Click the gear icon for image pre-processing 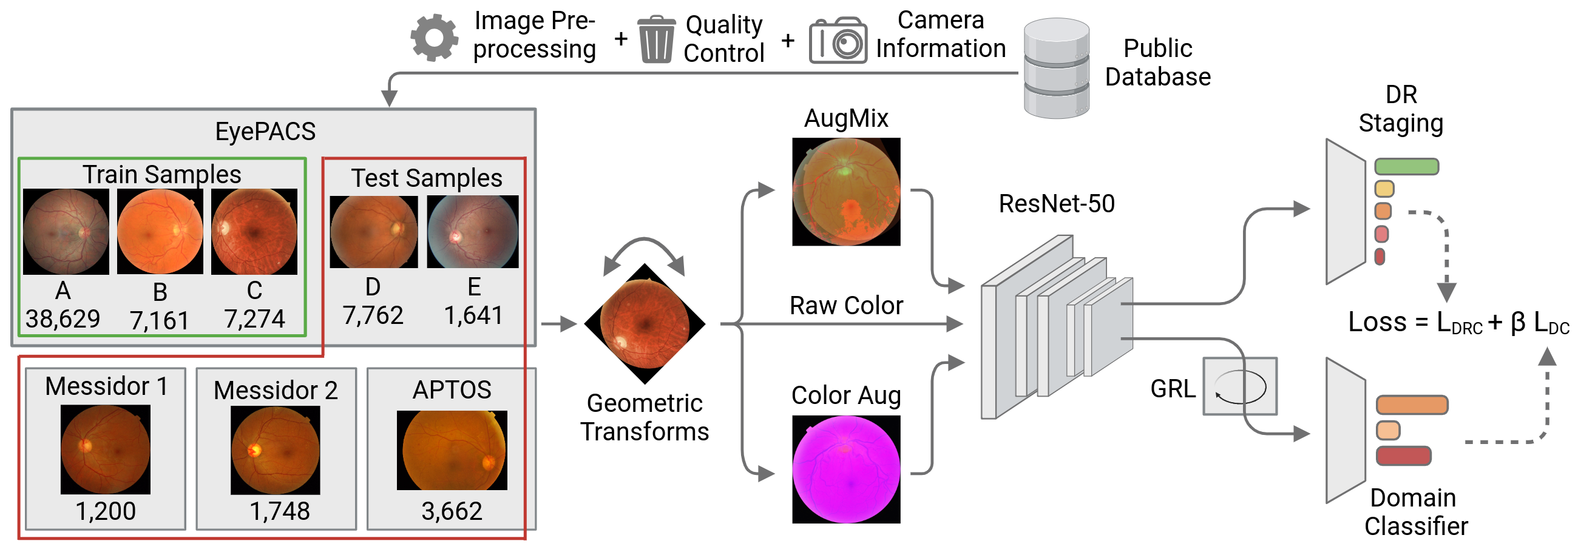[434, 38]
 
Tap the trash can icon [656, 40]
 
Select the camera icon [838, 42]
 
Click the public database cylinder [1056, 69]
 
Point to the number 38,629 [63, 319]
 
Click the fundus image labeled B [160, 231]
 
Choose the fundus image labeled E [472, 231]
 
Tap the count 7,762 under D [373, 316]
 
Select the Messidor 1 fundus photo [106, 449]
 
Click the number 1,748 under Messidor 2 [279, 511]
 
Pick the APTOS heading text [452, 390]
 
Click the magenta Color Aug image [846, 470]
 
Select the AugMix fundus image [846, 192]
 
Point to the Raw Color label [846, 305]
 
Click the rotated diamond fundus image [645, 324]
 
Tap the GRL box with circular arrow [1240, 387]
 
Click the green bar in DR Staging [1406, 166]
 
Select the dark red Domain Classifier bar [1403, 456]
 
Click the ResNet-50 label [1056, 204]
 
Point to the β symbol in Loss [1518, 323]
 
